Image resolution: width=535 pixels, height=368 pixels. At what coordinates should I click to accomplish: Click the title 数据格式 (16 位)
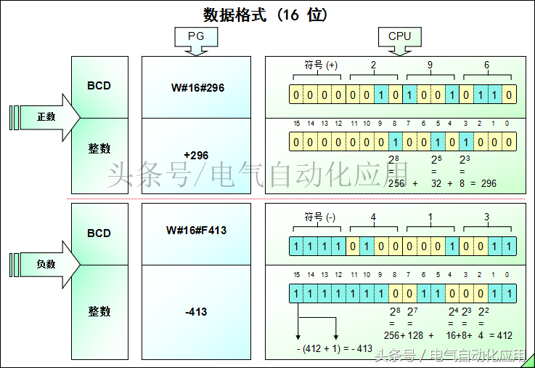click(266, 15)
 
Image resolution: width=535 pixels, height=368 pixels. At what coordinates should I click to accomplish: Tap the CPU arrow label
click(399, 36)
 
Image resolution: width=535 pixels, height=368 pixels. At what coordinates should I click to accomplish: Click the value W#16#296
click(197, 87)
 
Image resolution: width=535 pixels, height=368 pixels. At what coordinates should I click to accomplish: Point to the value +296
click(197, 155)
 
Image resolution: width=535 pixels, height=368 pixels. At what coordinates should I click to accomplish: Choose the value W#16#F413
click(197, 231)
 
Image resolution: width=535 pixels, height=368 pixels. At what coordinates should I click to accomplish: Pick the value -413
click(197, 311)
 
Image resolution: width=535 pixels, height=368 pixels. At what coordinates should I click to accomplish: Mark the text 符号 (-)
click(319, 216)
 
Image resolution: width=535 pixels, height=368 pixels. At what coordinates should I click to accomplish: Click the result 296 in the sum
click(489, 183)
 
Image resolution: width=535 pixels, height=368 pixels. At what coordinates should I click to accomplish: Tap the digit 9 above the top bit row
click(430, 65)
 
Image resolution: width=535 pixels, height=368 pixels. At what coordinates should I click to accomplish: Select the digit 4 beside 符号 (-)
click(373, 216)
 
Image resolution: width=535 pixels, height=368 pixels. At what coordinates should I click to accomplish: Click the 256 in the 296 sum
click(396, 183)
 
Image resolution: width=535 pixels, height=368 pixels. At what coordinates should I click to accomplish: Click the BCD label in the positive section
click(99, 86)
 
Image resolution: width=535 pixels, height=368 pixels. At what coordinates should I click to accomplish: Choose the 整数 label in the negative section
click(99, 311)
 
